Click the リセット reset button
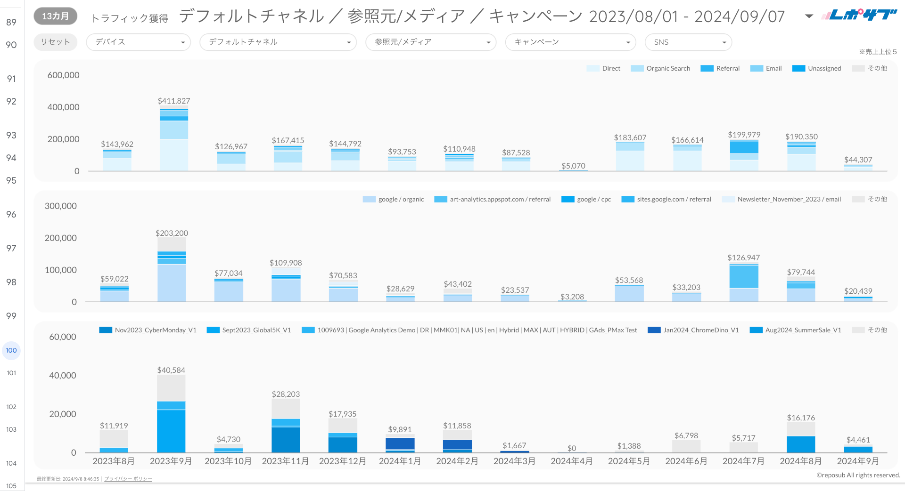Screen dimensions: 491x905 [x=55, y=42]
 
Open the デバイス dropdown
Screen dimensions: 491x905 [x=138, y=42]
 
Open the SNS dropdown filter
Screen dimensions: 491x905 [x=688, y=42]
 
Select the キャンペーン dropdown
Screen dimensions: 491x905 [x=570, y=42]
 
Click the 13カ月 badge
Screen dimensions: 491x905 [x=55, y=16]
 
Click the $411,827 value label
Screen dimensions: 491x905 [x=174, y=101]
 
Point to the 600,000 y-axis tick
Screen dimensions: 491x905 [x=63, y=75]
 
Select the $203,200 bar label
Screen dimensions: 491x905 [x=172, y=233]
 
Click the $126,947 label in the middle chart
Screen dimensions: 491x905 [x=743, y=258]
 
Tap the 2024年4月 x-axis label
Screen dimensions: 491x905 [x=572, y=461]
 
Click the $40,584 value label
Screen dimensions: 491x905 [x=171, y=370]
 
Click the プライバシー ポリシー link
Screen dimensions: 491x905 [x=128, y=479]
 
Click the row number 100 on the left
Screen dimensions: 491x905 [x=11, y=350]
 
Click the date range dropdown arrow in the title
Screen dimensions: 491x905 [x=809, y=16]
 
